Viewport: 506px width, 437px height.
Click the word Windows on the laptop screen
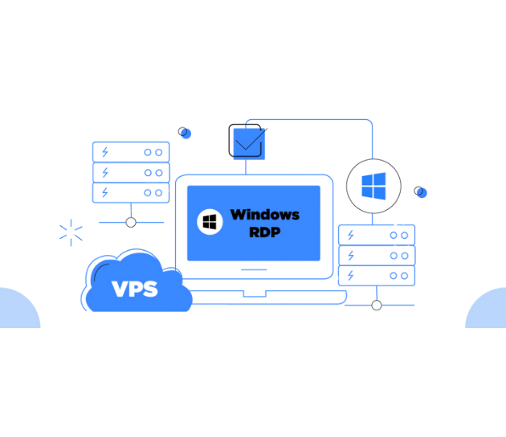pyautogui.click(x=264, y=214)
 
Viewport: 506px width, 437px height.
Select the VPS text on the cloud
pyautogui.click(x=135, y=289)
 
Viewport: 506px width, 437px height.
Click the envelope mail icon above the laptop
pyautogui.click(x=248, y=141)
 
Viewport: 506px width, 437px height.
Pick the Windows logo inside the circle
pyautogui.click(x=373, y=185)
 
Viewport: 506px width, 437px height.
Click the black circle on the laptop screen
pyautogui.click(x=210, y=222)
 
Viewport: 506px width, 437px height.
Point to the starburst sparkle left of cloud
pyautogui.click(x=70, y=232)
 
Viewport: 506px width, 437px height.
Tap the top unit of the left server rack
pyautogui.click(x=130, y=152)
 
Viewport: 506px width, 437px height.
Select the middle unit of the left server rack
pyautogui.click(x=130, y=173)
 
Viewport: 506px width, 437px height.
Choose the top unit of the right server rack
pyautogui.click(x=376, y=235)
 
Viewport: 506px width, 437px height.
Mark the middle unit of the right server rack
pyautogui.click(x=376, y=255)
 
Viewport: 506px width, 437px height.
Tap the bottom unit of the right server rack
pyautogui.click(x=376, y=275)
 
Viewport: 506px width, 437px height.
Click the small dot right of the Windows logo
pyautogui.click(x=420, y=192)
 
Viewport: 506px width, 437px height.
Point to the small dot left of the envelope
pyautogui.click(x=186, y=133)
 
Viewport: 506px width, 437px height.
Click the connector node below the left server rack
pyautogui.click(x=130, y=223)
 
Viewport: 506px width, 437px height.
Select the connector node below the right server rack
pyautogui.click(x=376, y=304)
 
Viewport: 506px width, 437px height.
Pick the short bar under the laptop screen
pyautogui.click(x=254, y=270)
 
